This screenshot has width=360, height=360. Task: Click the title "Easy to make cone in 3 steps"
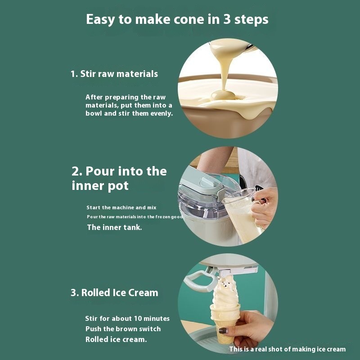pyautogui.click(x=177, y=19)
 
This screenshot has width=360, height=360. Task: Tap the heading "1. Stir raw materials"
pyautogui.click(x=114, y=74)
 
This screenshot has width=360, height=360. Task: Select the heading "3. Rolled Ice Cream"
pyautogui.click(x=114, y=293)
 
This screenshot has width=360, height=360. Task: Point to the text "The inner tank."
pyautogui.click(x=115, y=227)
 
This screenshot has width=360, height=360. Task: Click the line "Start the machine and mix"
pyautogui.click(x=121, y=207)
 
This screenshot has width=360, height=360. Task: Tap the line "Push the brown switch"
pyautogui.click(x=123, y=329)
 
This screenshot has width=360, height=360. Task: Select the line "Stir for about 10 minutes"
pyautogui.click(x=127, y=319)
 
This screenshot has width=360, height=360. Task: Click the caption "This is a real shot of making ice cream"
pyautogui.click(x=288, y=349)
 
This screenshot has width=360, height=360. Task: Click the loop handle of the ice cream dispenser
pyautogui.click(x=199, y=280)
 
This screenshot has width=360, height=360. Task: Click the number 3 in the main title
pyautogui.click(x=227, y=19)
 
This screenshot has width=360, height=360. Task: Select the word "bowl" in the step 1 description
pyautogui.click(x=94, y=113)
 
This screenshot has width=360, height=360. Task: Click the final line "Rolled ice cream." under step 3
pyautogui.click(x=116, y=339)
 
